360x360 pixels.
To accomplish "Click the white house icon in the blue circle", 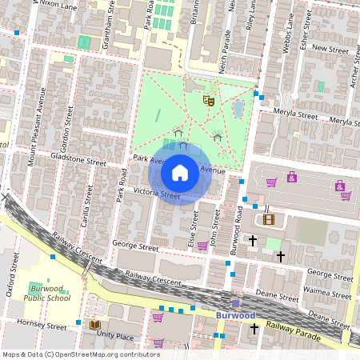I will [x=180, y=172].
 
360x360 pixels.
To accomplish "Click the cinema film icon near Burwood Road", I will [x=268, y=219].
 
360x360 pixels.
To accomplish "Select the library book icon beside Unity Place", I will [x=94, y=325].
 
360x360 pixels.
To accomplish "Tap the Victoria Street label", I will [x=156, y=193].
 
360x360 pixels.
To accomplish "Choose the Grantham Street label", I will [x=106, y=26].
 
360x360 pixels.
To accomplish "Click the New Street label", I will [x=330, y=49].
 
